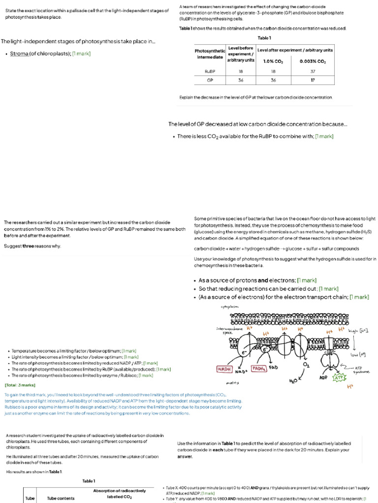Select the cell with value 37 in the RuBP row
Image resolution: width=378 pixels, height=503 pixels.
(x=313, y=71)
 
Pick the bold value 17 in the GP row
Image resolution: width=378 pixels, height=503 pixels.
(x=313, y=80)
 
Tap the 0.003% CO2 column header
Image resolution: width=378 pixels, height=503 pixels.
(x=313, y=61)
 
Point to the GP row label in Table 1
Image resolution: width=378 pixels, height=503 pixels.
(x=210, y=80)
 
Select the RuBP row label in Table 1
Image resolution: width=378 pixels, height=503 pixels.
(x=210, y=71)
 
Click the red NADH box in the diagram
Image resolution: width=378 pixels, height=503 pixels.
(x=225, y=368)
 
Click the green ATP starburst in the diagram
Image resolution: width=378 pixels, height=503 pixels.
(x=340, y=378)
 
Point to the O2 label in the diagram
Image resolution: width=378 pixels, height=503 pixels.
(x=307, y=365)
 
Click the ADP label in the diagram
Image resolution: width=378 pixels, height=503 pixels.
(x=323, y=378)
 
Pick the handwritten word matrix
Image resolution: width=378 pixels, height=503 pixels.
(x=232, y=382)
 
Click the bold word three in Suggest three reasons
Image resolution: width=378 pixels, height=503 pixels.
(x=29, y=246)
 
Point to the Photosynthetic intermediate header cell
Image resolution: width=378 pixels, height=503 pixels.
(x=210, y=54)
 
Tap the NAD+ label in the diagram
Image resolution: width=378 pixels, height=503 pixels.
(x=241, y=372)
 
